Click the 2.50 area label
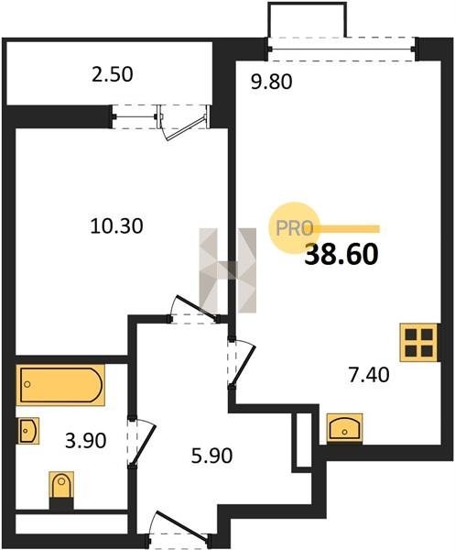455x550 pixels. click(x=112, y=75)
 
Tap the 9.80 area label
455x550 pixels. click(x=272, y=82)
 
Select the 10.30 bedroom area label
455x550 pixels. click(x=116, y=225)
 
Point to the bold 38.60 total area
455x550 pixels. click(x=341, y=254)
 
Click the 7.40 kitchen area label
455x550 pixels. click(x=368, y=374)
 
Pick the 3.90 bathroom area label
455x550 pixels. click(x=85, y=441)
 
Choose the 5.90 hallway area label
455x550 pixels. click(x=211, y=456)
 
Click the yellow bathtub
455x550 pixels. click(x=60, y=385)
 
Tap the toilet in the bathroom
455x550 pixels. click(x=61, y=485)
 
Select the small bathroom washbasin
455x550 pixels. click(x=28, y=431)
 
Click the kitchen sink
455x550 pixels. click(x=344, y=426)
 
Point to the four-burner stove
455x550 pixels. click(x=419, y=342)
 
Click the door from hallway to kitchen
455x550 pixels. click(x=242, y=364)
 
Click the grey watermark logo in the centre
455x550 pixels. click(x=228, y=270)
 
